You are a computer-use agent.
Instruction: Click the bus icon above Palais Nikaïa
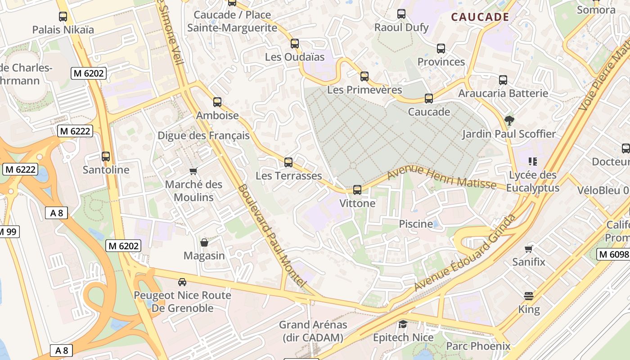point(63,17)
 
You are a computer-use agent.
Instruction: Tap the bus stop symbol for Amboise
point(217,102)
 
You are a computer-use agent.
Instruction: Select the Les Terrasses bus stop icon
point(288,162)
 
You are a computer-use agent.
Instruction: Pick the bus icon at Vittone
point(357,190)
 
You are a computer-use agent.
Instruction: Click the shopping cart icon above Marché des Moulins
point(193,171)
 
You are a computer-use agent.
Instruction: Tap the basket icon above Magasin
point(204,243)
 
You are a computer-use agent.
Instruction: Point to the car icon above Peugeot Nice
point(182,282)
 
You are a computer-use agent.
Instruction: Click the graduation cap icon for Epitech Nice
point(403,324)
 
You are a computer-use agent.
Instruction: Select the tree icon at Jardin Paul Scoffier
point(509,120)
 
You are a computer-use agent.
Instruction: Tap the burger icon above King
point(529,296)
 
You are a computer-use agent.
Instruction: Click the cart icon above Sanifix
point(529,248)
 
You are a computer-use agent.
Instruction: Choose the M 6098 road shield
point(613,254)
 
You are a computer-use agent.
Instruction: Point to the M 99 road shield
point(8,232)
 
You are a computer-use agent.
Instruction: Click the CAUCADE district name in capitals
point(480,17)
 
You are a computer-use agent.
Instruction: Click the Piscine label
point(416,224)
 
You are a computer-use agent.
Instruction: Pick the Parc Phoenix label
point(478,346)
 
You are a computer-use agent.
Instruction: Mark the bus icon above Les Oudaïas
point(295,44)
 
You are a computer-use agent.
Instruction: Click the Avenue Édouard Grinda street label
point(465,253)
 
